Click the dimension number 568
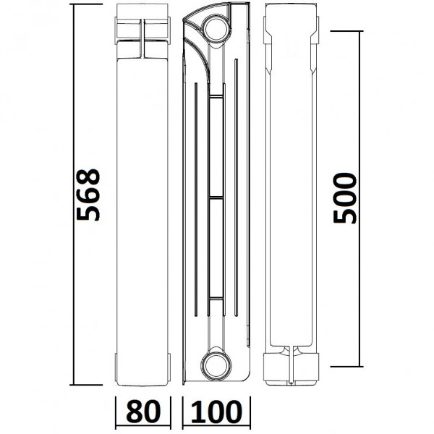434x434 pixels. point(88,195)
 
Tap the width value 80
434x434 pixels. point(145,413)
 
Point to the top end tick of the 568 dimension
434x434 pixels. point(87,7)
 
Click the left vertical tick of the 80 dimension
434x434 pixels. point(117,412)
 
